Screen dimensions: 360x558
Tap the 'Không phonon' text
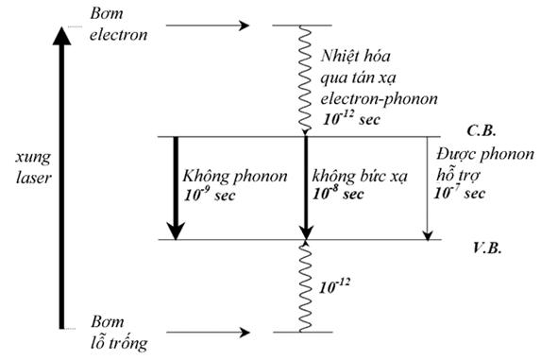[x=225, y=177]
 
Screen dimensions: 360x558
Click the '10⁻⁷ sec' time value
[x=461, y=193]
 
